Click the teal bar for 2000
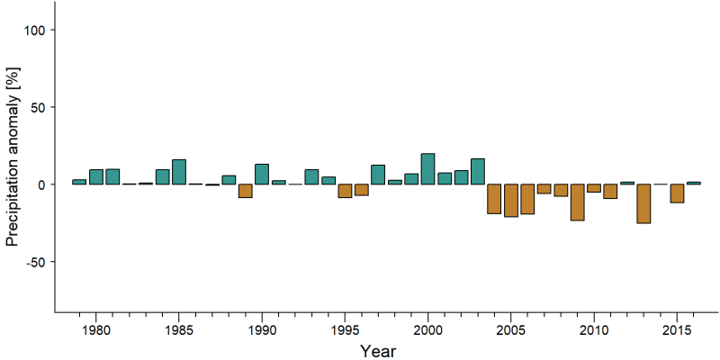coord(428,169)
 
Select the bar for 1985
coord(179,172)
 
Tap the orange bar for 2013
coord(643,204)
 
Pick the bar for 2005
coord(510,200)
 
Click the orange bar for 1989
coord(245,191)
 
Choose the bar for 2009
coord(577,202)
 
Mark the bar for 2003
coord(478,172)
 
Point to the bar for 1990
coord(262,175)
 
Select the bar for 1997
coord(378,175)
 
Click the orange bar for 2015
coord(677,193)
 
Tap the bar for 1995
coord(345,191)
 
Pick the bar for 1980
coord(96,177)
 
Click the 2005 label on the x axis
coord(510,330)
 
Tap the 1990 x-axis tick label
coord(262,330)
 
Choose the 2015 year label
coord(677,330)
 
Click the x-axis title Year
coord(377,351)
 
